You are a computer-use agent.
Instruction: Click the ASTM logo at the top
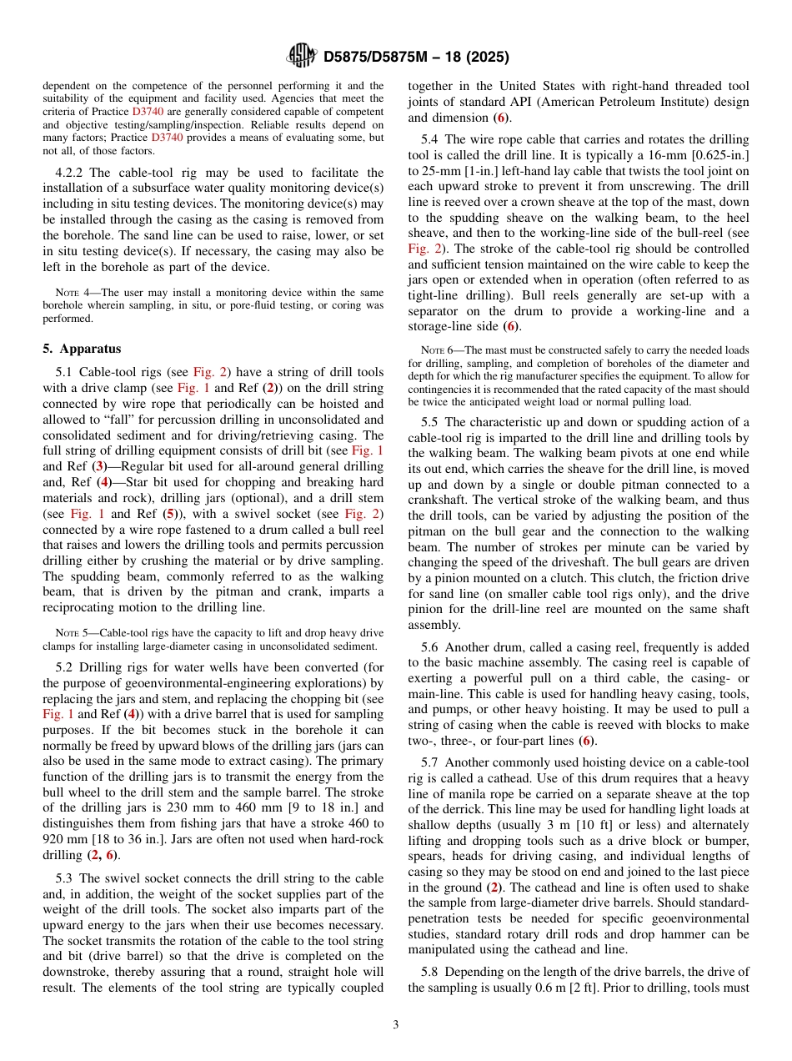301,56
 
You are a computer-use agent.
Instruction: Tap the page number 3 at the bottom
396,1024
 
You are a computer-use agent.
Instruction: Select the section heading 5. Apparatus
82,349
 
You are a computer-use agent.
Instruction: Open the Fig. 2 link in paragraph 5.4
424,249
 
